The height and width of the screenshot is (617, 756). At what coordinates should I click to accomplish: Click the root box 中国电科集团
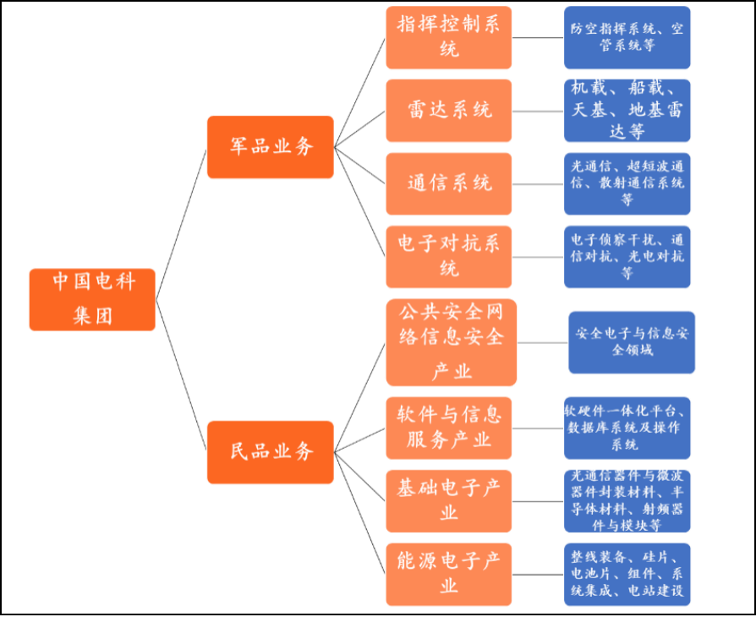[x=92, y=300]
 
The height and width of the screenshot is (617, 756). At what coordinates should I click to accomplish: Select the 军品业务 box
[x=271, y=147]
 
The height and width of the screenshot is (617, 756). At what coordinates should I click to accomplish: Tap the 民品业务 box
[x=271, y=452]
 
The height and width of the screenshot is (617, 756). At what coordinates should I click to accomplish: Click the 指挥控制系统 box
[x=449, y=37]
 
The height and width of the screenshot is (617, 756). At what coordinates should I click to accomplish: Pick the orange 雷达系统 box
[x=449, y=111]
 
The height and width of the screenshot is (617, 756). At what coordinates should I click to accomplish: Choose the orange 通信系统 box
[x=449, y=183]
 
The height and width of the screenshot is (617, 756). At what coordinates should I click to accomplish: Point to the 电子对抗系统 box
[x=449, y=257]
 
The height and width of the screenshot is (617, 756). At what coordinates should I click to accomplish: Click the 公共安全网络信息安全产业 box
[x=452, y=342]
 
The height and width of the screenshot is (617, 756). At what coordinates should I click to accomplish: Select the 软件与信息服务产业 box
[x=449, y=428]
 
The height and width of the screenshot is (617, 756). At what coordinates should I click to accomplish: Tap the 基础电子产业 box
[x=449, y=501]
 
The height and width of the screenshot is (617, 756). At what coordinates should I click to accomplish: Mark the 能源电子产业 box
[x=449, y=575]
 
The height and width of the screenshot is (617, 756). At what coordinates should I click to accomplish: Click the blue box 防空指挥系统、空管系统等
[x=627, y=37]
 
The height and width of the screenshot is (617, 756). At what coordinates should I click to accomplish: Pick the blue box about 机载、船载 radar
[x=627, y=111]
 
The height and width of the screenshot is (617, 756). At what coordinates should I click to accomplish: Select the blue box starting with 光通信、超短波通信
[x=627, y=183]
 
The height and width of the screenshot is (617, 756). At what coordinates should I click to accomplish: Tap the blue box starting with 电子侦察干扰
[x=627, y=257]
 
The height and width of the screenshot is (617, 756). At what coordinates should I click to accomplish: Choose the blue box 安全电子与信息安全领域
[x=632, y=342]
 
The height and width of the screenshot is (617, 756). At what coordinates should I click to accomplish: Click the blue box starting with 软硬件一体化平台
[x=627, y=428]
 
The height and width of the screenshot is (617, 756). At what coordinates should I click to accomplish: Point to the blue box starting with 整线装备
[x=627, y=575]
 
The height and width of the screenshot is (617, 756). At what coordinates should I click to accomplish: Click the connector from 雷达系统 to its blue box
[x=538, y=112]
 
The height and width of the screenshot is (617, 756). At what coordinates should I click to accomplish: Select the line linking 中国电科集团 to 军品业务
[x=181, y=225]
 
